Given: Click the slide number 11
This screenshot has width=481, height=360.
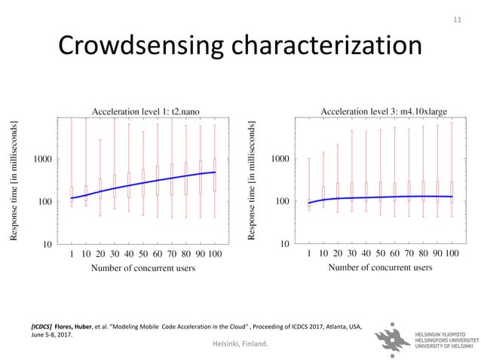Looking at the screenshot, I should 455,17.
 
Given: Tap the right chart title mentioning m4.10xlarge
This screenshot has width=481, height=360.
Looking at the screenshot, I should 384,111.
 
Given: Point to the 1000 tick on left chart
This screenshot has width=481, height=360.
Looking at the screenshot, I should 41,160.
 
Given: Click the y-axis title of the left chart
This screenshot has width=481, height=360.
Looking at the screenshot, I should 14,182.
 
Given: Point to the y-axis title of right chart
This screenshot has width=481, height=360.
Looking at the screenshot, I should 253,182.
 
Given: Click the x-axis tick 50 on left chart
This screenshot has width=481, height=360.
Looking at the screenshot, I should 143,254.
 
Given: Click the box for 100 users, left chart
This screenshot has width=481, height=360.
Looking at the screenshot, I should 214,175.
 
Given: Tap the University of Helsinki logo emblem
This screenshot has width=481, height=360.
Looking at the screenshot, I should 397,341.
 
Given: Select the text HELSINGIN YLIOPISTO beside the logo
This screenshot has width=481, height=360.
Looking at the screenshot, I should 445,332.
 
